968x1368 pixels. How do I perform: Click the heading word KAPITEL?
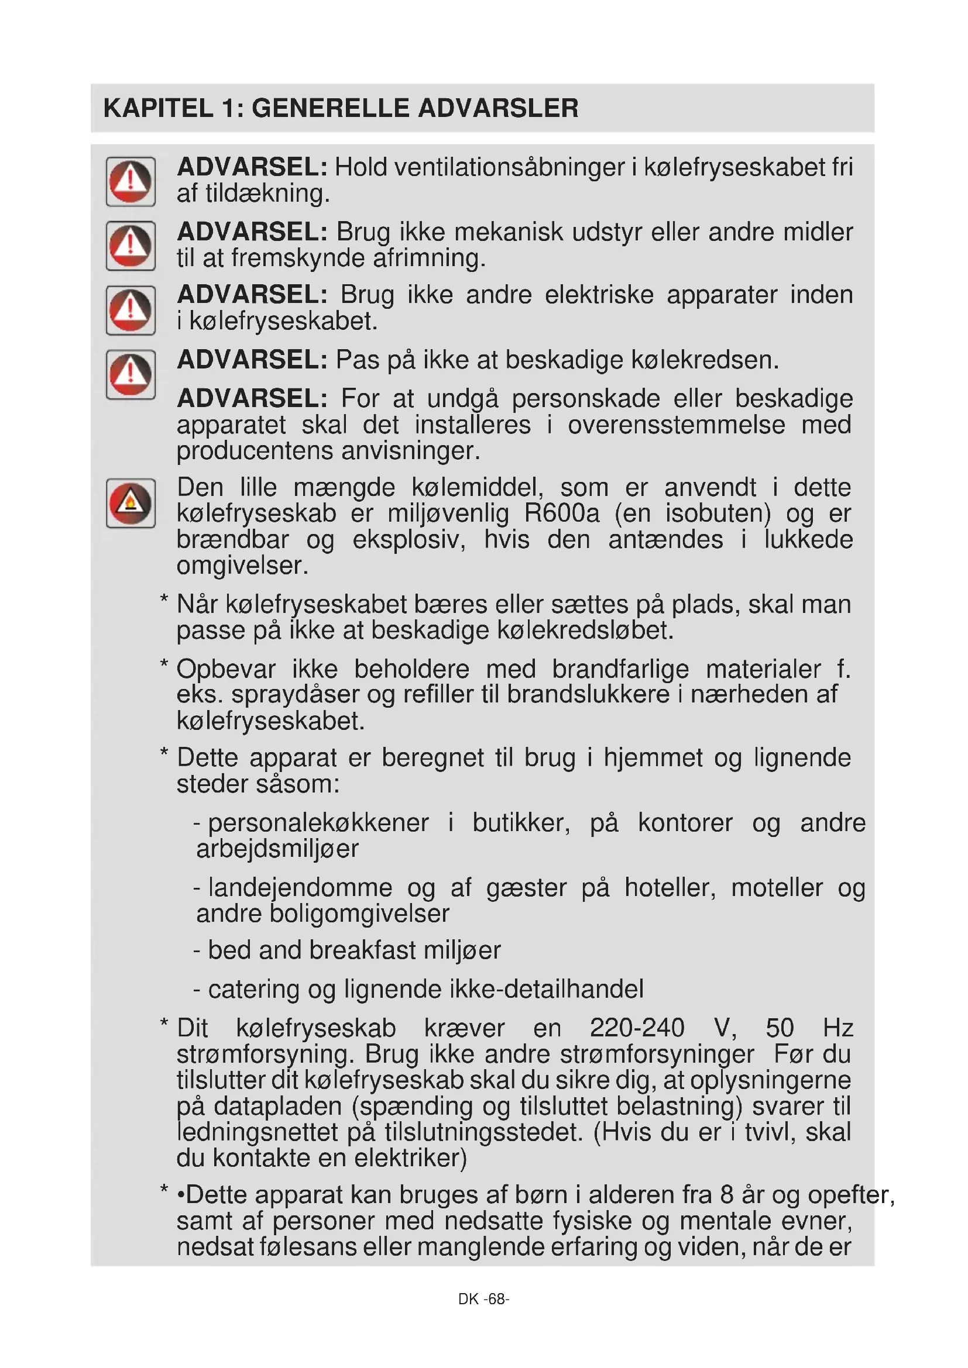(158, 108)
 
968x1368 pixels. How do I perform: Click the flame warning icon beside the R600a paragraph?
(131, 504)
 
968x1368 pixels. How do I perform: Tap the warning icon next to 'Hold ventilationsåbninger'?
(131, 182)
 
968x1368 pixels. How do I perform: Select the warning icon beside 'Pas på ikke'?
(131, 375)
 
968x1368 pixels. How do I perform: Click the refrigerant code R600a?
(561, 514)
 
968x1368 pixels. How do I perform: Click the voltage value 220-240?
(637, 1028)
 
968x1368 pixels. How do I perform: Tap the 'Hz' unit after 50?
(837, 1028)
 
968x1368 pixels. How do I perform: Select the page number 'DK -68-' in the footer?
(483, 1299)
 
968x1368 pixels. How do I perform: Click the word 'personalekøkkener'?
(318, 823)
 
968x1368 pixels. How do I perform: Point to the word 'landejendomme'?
(300, 888)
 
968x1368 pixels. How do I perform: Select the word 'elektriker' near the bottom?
(410, 1158)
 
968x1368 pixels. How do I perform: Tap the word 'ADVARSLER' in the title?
(497, 108)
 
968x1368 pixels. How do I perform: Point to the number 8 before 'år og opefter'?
(727, 1196)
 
